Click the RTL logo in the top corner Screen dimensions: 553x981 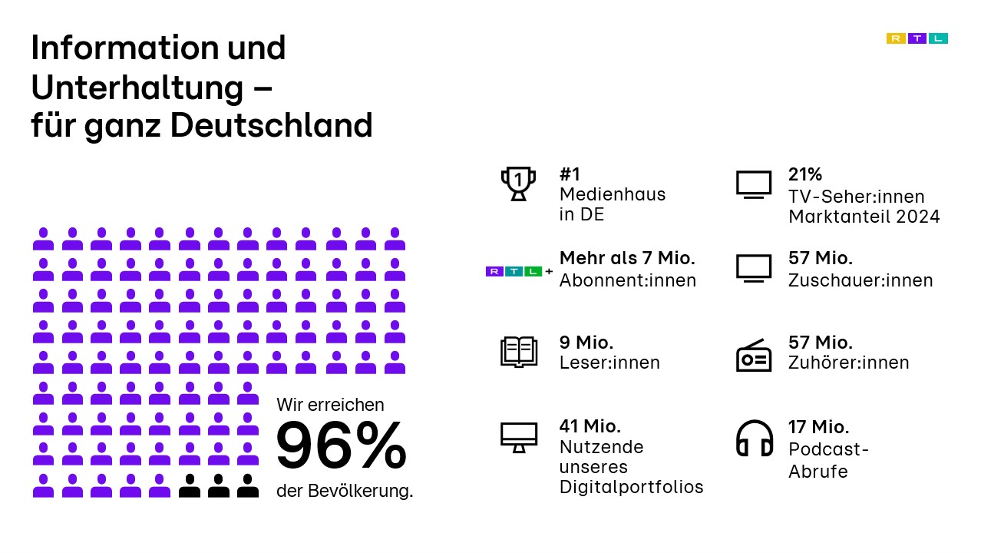pyautogui.click(x=917, y=38)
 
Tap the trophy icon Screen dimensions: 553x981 pyautogui.click(x=519, y=184)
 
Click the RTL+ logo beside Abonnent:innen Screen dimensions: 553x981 pyautogui.click(x=519, y=271)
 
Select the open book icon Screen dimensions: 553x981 pyautogui.click(x=519, y=352)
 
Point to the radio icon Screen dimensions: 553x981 pyautogui.click(x=753, y=355)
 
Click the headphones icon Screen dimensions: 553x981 pyautogui.click(x=754, y=439)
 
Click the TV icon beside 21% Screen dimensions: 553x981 pyautogui.click(x=753, y=184)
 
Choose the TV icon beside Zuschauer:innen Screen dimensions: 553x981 pyautogui.click(x=753, y=268)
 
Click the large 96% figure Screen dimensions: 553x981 pyautogui.click(x=341, y=446)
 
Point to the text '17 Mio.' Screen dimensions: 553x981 pyautogui.click(x=818, y=427)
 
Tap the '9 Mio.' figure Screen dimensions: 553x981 pyautogui.click(x=586, y=342)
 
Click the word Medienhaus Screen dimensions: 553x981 pyautogui.click(x=613, y=194)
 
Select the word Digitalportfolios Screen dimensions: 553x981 pyautogui.click(x=631, y=487)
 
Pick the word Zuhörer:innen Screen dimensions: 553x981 pyautogui.click(x=848, y=363)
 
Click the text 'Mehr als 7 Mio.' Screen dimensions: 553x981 pyautogui.click(x=627, y=258)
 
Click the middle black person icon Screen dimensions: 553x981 pyautogui.click(x=219, y=485)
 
